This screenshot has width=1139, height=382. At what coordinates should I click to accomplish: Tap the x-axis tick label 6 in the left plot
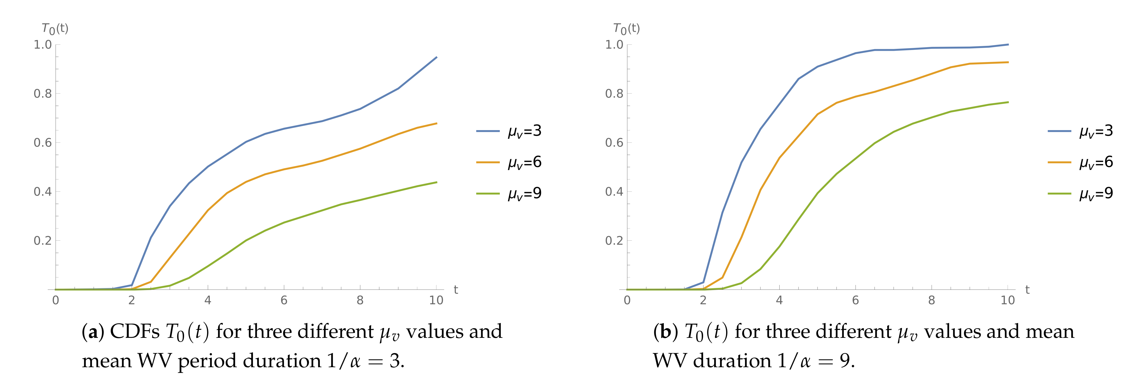[x=284, y=301]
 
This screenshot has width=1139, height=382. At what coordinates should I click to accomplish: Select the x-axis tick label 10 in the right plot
[x=1008, y=301]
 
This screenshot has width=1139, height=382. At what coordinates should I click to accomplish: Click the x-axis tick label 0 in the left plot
[x=56, y=301]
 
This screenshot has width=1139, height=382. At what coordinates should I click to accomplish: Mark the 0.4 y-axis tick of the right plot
[x=614, y=192]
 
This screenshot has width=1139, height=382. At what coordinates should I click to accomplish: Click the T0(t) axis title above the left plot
[x=55, y=29]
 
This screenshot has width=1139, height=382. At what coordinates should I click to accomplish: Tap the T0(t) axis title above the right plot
[x=627, y=29]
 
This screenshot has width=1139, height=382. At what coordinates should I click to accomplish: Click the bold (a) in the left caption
[x=93, y=332]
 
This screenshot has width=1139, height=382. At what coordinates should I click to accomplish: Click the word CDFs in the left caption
[x=135, y=332]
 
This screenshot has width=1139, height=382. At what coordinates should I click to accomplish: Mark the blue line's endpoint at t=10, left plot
[x=436, y=57]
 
